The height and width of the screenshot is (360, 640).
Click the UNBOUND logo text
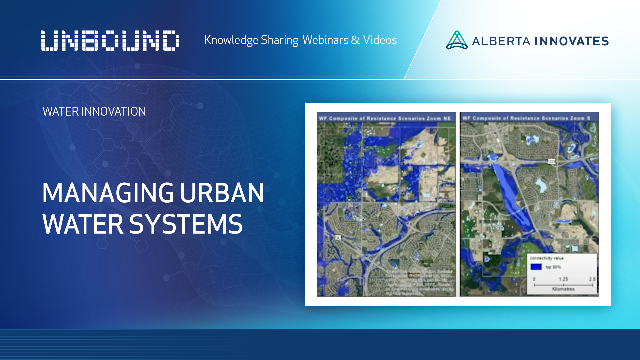[x=110, y=41]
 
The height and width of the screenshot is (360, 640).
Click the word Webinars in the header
[x=325, y=40]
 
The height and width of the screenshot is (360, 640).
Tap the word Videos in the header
[x=380, y=40]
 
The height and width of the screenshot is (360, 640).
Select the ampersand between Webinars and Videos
[x=355, y=40]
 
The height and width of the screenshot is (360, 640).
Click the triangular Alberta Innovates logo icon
[x=457, y=40]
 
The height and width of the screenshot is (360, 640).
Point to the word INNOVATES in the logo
[x=571, y=41]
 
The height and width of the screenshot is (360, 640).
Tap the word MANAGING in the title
[x=108, y=193]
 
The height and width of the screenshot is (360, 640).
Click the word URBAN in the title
[x=222, y=193]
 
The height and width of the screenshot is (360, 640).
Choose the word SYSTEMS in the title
[x=186, y=224]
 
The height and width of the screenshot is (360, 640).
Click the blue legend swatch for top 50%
[x=536, y=267]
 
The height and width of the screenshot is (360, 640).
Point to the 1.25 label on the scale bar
[x=563, y=279]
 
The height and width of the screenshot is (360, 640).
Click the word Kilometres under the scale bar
[x=563, y=289]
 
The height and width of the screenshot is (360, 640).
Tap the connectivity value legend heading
[x=547, y=258]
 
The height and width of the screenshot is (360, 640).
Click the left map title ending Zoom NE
[x=385, y=118]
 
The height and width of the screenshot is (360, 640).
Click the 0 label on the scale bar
[x=534, y=279]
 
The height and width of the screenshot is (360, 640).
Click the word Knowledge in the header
[x=231, y=40]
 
